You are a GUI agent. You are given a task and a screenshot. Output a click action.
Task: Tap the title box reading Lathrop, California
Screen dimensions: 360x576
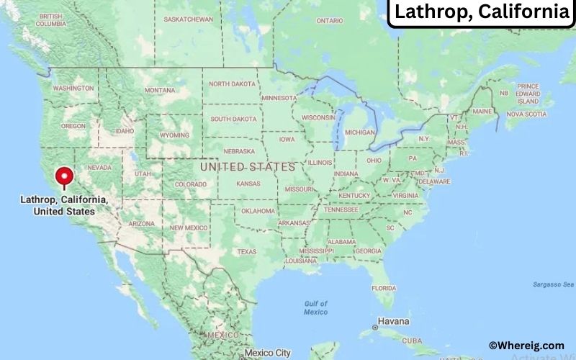[482, 12]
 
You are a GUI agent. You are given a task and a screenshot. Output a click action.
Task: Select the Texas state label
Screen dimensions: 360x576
[247, 251]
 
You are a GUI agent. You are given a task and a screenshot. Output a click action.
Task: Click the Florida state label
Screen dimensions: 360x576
[384, 288]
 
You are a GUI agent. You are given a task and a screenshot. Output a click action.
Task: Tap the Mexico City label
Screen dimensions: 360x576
[267, 353]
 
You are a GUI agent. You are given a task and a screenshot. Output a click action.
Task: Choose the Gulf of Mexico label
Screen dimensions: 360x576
[315, 307]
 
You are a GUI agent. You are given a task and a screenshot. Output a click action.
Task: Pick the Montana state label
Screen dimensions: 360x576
[160, 90]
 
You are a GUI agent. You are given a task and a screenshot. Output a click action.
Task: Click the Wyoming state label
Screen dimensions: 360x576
[175, 135]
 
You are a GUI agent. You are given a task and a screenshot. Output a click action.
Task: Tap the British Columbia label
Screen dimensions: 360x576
[50, 19]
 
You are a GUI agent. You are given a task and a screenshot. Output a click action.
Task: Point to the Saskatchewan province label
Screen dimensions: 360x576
[189, 19]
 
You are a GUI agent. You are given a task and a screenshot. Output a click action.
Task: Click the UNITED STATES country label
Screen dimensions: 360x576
[248, 166]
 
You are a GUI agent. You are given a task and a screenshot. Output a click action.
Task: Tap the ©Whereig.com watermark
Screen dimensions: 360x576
[526, 346]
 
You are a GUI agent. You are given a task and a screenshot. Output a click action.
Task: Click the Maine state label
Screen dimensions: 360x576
[482, 112]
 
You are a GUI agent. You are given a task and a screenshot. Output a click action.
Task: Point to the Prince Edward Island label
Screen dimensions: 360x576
[528, 94]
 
